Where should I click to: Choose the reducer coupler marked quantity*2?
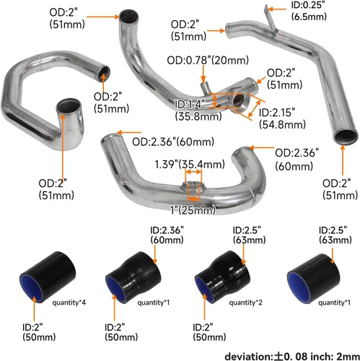pos(216,274)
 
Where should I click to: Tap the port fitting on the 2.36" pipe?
pos(193,188)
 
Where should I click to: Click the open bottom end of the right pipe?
pos(342,137)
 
